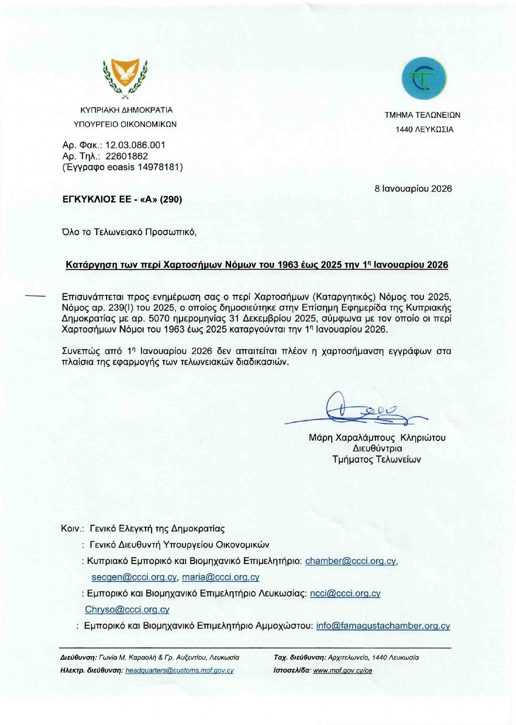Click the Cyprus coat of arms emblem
coord(125,78)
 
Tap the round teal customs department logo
coord(423,79)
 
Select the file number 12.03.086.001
coord(135,145)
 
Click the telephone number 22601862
coord(126,156)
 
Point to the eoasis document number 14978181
coord(160,167)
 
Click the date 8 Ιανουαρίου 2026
coord(413,189)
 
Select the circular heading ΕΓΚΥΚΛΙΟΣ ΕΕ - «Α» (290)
coord(122,199)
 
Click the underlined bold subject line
coord(257,265)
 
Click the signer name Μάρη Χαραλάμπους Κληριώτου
coord(377,437)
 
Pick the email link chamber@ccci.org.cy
coord(351,561)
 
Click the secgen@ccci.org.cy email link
coord(134,577)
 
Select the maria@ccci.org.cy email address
coord(220,577)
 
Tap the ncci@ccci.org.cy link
coord(345,593)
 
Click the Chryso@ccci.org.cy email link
coord(127,610)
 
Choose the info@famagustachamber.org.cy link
coord(383,626)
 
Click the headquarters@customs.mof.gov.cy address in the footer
coord(179,670)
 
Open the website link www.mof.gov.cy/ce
coord(342,670)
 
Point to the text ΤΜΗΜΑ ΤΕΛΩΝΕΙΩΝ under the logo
coord(422,115)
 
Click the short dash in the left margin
coord(34,295)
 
